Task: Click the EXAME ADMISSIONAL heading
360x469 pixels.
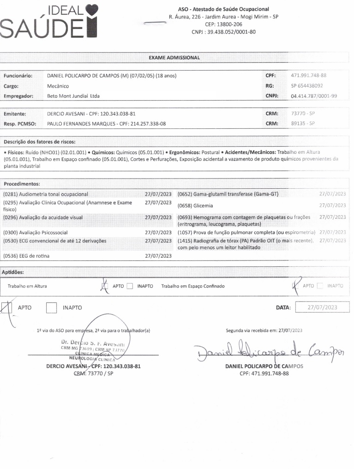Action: (174, 58)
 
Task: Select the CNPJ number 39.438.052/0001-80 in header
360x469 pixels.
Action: (223, 32)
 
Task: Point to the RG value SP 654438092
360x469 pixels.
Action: (307, 85)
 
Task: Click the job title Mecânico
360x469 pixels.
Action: (58, 86)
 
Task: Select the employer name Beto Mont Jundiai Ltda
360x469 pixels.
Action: (73, 96)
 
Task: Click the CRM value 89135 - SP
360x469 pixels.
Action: (303, 123)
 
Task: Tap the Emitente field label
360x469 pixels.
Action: (15, 113)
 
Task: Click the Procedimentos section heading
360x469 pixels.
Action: (22, 184)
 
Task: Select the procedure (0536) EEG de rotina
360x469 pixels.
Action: (26, 256)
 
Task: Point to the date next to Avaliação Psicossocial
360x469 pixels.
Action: (158, 233)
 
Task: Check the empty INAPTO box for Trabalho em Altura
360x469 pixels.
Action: (130, 286)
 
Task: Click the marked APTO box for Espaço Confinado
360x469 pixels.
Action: (295, 286)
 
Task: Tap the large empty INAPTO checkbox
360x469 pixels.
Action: (51, 307)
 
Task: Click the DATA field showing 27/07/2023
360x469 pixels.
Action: (322, 307)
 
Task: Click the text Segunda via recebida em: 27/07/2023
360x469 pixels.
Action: (264, 330)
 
